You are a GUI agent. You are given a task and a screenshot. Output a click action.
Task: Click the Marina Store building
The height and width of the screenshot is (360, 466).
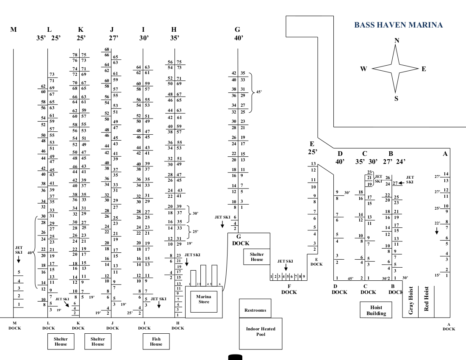click(x=203, y=299)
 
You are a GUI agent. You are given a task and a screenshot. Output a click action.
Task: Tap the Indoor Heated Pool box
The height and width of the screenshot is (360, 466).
click(x=261, y=332)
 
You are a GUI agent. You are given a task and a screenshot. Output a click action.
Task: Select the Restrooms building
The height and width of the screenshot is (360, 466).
click(x=255, y=310)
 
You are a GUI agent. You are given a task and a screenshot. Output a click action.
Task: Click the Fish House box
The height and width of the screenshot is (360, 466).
click(x=156, y=341)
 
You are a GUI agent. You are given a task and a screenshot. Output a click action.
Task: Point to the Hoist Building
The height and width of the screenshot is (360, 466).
click(x=376, y=310)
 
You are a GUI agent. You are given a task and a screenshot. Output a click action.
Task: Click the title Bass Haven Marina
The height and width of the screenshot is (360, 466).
click(x=398, y=25)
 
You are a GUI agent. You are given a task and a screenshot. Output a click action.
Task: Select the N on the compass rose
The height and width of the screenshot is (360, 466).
click(x=397, y=41)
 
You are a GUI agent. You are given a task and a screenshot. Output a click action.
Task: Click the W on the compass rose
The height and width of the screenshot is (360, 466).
click(x=363, y=69)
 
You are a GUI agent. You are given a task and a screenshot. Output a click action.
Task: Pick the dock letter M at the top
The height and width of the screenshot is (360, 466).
click(x=14, y=30)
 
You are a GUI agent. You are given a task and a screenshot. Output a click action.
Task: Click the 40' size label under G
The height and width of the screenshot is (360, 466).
click(x=238, y=38)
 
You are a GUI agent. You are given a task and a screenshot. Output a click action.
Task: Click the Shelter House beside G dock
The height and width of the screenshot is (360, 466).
click(x=257, y=257)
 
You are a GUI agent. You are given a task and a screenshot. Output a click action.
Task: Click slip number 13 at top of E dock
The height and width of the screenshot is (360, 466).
click(x=313, y=163)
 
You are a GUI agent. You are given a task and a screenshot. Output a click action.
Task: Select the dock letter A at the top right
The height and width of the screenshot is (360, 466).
click(x=445, y=154)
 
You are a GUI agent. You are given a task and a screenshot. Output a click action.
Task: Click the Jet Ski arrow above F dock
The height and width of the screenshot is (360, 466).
click(x=286, y=268)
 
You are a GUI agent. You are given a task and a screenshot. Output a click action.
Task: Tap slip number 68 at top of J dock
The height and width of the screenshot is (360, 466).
click(x=107, y=50)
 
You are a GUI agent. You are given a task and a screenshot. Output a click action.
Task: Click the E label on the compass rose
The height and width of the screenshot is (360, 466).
click(x=424, y=69)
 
